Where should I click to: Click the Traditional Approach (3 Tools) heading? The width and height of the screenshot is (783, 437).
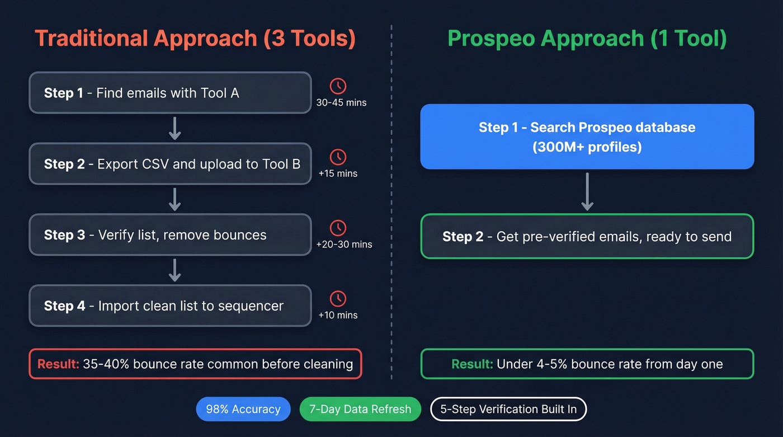pos(195,39)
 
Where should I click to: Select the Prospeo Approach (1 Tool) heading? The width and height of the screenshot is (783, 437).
pos(587,39)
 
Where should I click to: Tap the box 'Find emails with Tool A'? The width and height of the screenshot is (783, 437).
pos(170,93)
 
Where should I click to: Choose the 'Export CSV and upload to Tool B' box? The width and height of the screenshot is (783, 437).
pos(170,164)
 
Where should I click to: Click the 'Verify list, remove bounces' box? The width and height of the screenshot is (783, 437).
pos(170,235)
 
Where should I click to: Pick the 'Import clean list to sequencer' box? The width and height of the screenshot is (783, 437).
pos(170,306)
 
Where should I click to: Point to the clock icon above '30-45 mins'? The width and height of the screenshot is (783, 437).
pos(338,86)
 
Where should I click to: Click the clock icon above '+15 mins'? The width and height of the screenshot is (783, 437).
pos(338,157)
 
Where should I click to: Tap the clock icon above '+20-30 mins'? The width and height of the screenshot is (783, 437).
pos(338,228)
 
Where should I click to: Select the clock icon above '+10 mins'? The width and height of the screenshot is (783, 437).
pos(338,299)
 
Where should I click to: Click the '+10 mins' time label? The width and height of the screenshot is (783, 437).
pos(338,315)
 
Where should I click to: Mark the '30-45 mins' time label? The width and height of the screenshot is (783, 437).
pos(341,102)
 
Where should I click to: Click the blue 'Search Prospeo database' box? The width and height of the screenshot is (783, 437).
pos(587,137)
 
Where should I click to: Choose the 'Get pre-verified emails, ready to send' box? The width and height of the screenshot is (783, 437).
pos(587,237)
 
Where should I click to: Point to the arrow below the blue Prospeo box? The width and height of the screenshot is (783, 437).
pos(587,191)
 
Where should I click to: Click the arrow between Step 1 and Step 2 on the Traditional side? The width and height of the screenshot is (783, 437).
pos(174,128)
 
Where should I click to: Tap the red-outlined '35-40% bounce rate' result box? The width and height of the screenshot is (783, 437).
pos(195,364)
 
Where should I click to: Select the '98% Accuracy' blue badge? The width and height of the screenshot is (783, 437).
pos(243,409)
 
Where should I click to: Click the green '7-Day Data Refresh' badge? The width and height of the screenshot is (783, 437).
pos(360,409)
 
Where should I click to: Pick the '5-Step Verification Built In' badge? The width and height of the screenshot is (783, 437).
pos(508,409)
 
